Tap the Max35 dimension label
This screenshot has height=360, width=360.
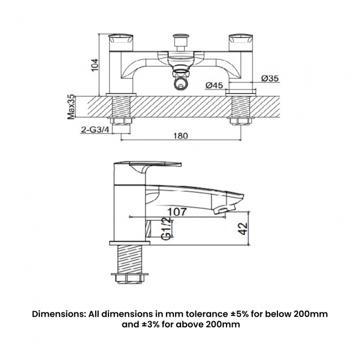(71, 107)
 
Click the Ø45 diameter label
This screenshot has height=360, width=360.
(214, 85)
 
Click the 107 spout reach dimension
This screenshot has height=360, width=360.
(176, 211)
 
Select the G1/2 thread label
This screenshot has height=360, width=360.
(165, 229)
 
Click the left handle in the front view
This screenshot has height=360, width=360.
(120, 39)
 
